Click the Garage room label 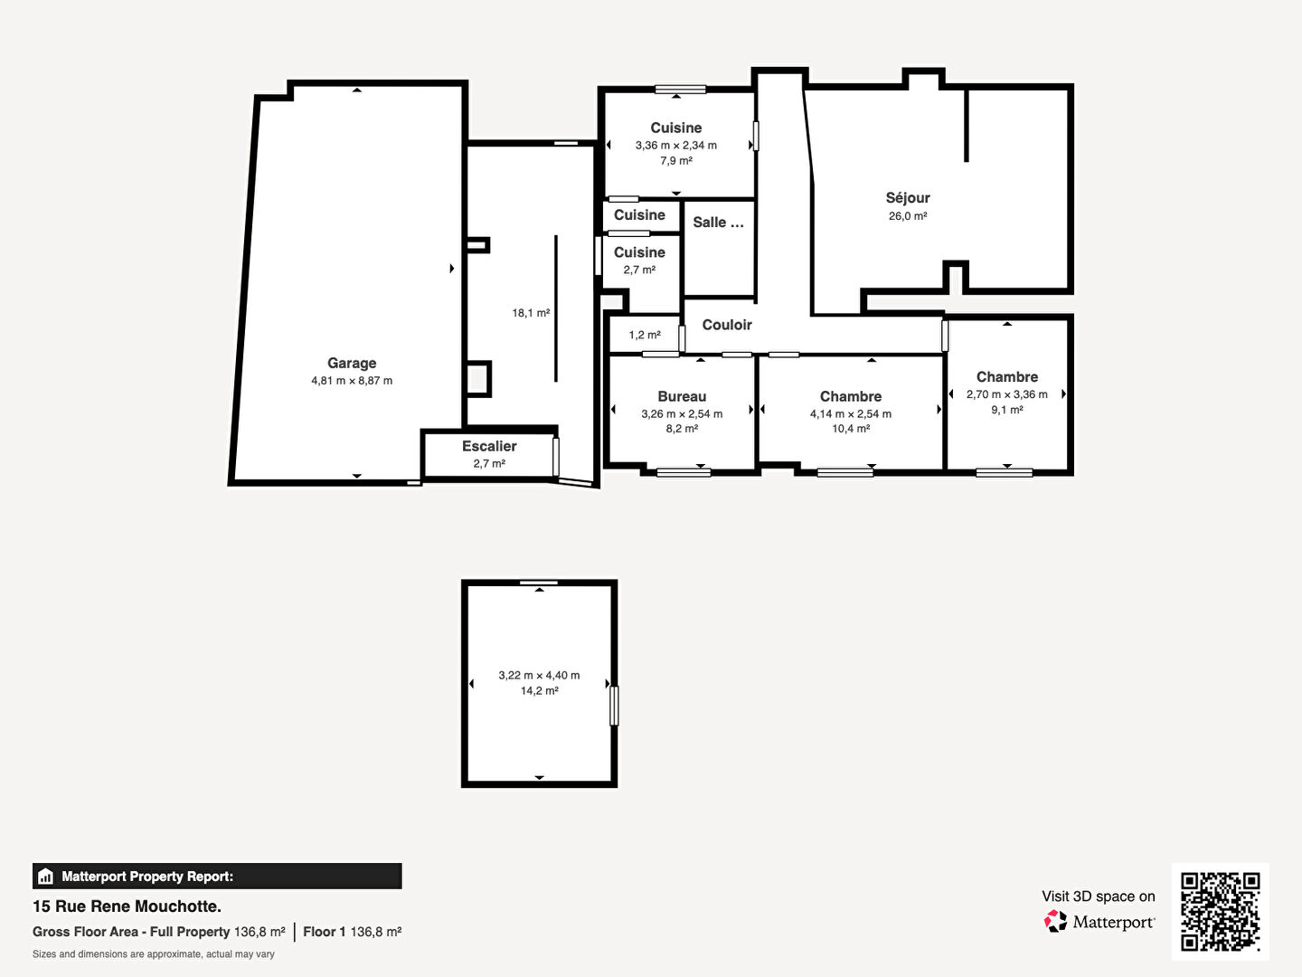pos(352,363)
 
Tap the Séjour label pos(908,198)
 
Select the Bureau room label pos(682,396)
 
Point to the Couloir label pos(727,325)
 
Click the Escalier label pos(489,446)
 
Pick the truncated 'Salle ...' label pos(718,223)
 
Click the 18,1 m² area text pos(531,313)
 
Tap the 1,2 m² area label pos(645,335)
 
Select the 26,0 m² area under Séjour pos(908,216)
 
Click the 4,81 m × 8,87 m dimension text pos(352,381)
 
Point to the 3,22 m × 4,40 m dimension pos(539,675)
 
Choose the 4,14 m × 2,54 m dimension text pos(851,414)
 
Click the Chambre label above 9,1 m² pos(1007,376)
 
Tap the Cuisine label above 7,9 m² pos(676,128)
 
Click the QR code pos(1220,911)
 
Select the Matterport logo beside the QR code pos(1099,922)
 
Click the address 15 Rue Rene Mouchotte pos(127,906)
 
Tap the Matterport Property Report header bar pos(217,877)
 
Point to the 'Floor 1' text pos(324,932)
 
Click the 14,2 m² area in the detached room pos(539,690)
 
